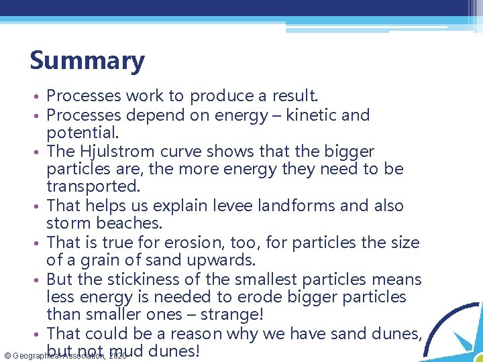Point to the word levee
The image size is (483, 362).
pos(216,206)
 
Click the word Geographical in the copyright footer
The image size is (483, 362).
pos(38,355)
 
